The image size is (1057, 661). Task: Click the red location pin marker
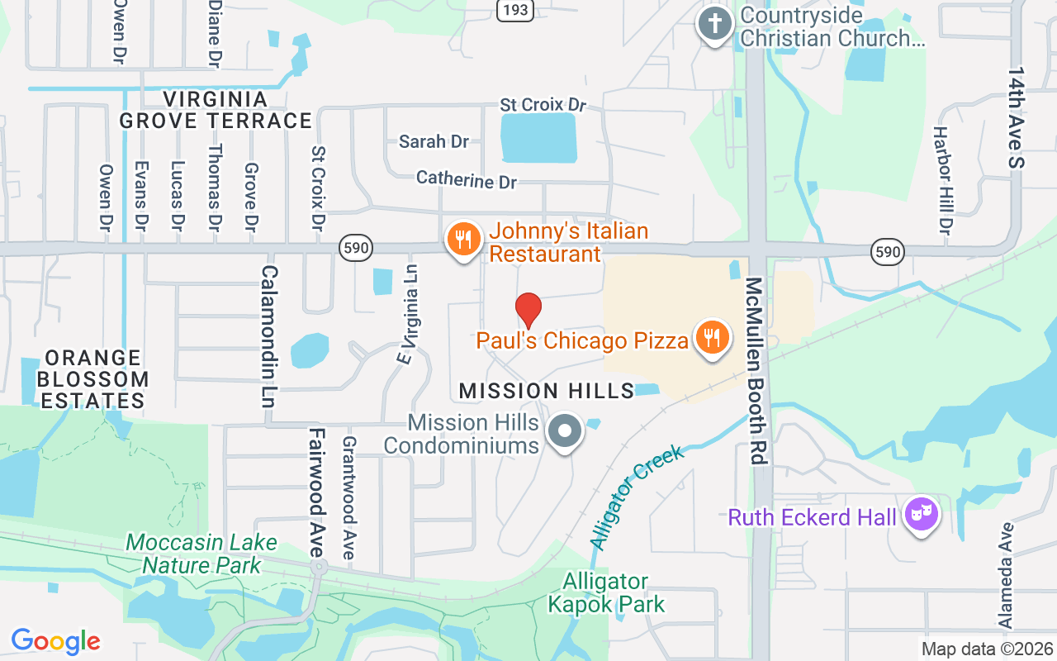pyautogui.click(x=528, y=310)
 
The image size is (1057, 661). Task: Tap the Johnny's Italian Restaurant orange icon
pyautogui.click(x=463, y=240)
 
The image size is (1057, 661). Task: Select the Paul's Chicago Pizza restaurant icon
pyautogui.click(x=710, y=338)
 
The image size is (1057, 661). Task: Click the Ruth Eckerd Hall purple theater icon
pyautogui.click(x=921, y=516)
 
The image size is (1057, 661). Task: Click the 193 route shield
pyautogui.click(x=515, y=8)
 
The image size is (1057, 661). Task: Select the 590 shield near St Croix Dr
pyautogui.click(x=356, y=247)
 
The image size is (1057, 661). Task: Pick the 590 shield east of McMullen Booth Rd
pyautogui.click(x=888, y=251)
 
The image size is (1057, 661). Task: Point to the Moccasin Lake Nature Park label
pyautogui.click(x=201, y=554)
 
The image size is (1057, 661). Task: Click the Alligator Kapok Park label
pyautogui.click(x=606, y=593)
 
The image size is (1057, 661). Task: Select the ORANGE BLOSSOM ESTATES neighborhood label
pyautogui.click(x=95, y=379)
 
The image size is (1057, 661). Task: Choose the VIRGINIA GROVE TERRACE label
pyautogui.click(x=216, y=110)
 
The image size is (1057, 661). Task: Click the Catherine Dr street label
pyautogui.click(x=467, y=178)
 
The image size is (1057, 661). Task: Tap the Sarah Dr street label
pyautogui.click(x=434, y=141)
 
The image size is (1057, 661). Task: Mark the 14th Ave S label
pyautogui.click(x=1016, y=118)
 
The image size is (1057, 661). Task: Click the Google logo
pyautogui.click(x=56, y=640)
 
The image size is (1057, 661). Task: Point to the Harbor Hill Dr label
pyautogui.click(x=943, y=178)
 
